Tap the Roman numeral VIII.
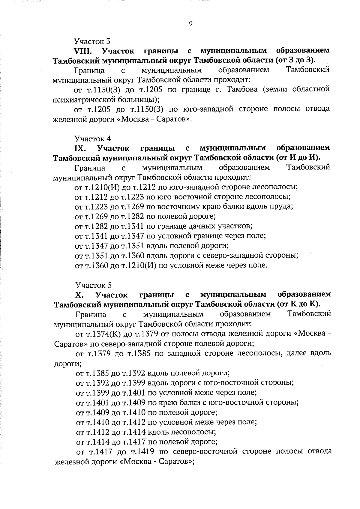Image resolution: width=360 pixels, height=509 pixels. click(84, 51)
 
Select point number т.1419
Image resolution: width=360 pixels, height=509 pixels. click(143, 451)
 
